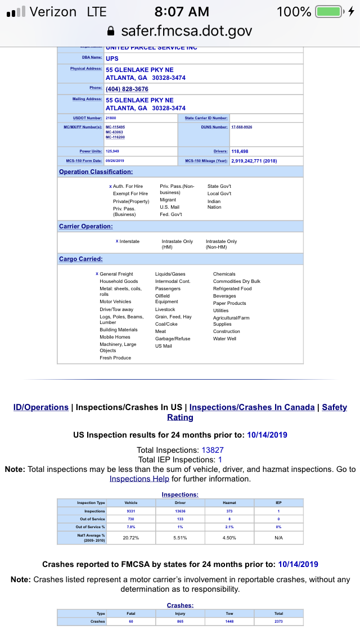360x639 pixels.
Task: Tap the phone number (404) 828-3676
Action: (127, 89)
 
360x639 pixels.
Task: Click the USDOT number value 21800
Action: (111, 118)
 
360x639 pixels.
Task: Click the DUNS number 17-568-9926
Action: (242, 127)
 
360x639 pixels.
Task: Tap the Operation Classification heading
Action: (96, 172)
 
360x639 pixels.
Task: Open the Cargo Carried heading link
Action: (81, 259)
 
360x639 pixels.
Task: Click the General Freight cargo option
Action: (116, 274)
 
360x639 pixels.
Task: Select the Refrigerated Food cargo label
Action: (232, 289)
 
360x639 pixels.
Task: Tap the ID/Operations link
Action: (40, 407)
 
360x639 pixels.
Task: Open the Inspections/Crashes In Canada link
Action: (252, 407)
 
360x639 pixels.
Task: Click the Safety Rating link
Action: (180, 417)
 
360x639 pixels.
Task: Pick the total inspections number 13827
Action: (213, 450)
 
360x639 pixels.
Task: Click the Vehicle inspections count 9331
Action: (131, 511)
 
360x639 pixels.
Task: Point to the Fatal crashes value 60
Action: (131, 622)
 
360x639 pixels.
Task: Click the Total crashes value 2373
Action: (279, 622)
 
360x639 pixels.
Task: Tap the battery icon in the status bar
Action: (330, 12)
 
